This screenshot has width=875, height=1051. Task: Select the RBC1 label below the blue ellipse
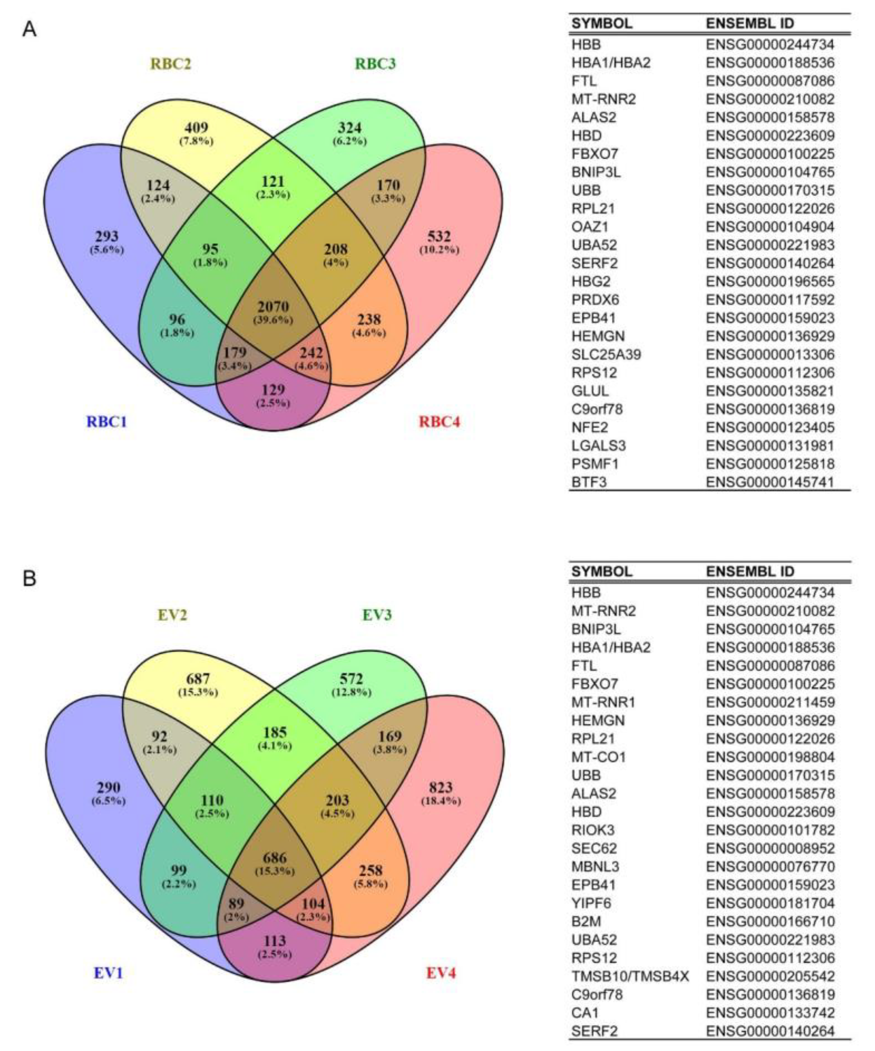[x=107, y=422]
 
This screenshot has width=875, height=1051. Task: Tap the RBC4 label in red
[x=439, y=422]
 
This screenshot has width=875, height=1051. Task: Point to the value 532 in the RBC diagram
[x=439, y=236]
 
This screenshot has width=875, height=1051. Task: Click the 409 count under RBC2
[x=196, y=128]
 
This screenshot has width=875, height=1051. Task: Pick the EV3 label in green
[x=377, y=615]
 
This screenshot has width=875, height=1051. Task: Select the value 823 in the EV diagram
[x=441, y=788]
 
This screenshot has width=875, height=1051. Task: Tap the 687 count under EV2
[x=198, y=679]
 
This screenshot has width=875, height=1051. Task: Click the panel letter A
[x=30, y=30]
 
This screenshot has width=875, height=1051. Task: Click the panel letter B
[x=30, y=579]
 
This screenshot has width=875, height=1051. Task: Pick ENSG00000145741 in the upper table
[x=770, y=482]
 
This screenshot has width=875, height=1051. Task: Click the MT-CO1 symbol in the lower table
[x=599, y=757]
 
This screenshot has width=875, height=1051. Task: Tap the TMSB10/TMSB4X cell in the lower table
[x=630, y=976]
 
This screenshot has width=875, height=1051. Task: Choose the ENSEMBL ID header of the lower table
[x=750, y=571]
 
